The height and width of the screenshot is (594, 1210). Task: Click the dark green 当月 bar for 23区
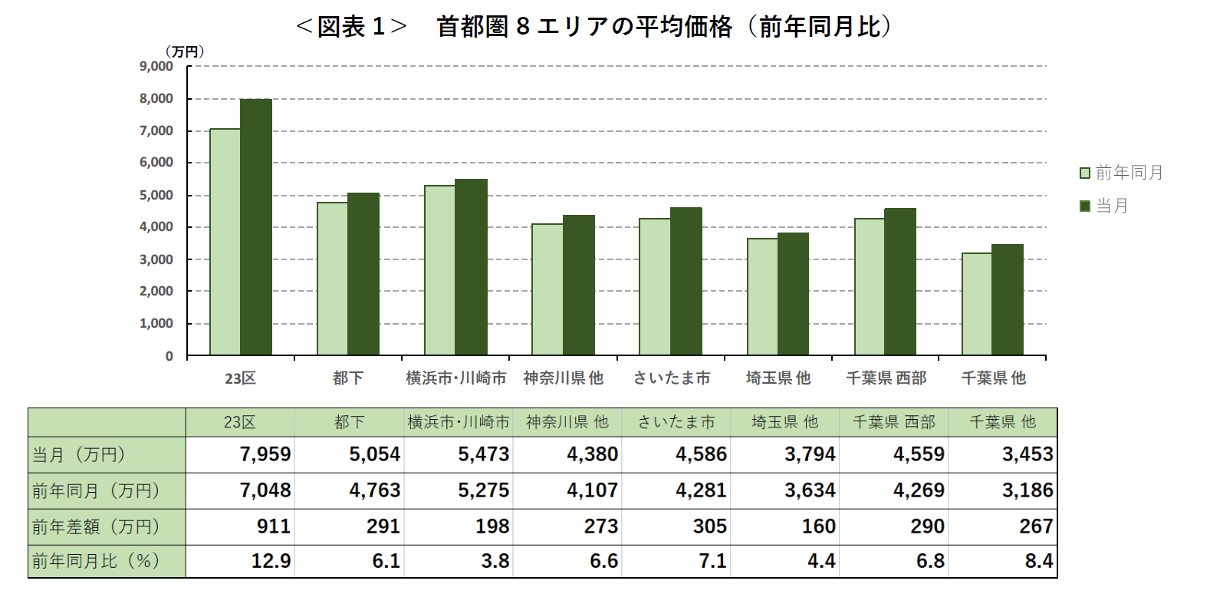[256, 227]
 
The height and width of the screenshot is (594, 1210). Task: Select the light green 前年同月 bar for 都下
[332, 279]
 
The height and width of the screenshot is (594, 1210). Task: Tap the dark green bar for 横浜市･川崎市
[471, 267]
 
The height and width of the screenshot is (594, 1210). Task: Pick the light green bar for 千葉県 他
[976, 304]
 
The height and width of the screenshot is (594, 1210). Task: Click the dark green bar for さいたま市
[686, 281]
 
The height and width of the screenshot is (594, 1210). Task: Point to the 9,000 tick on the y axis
[156, 67]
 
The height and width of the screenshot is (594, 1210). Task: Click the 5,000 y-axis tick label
[156, 195]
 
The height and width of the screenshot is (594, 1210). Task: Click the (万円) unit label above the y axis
[185, 51]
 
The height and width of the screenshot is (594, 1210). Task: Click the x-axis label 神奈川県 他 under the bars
[563, 378]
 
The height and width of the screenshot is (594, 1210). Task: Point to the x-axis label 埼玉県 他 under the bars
[778, 378]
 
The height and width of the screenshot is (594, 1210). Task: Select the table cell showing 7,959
[265, 454]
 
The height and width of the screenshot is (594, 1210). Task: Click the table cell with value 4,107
[592, 490]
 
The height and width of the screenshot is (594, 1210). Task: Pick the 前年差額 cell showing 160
[818, 526]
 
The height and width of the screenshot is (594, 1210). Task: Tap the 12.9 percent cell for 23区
[271, 561]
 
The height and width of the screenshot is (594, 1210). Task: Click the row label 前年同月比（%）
[96, 561]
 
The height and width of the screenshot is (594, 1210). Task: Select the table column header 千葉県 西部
[893, 422]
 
